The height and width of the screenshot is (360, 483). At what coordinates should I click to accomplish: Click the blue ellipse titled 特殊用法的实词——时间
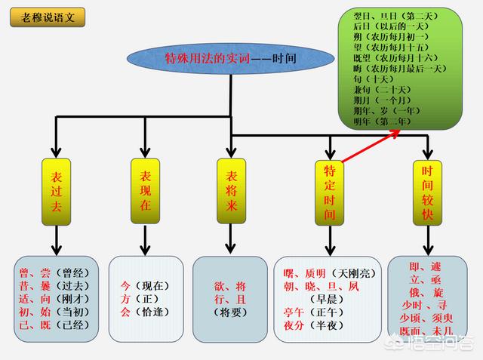coord(229,59)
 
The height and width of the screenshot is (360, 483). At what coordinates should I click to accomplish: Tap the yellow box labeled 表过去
coord(56,192)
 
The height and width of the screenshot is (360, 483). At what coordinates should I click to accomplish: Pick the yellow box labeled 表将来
coord(232,192)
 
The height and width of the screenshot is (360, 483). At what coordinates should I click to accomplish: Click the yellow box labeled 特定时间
coord(329,192)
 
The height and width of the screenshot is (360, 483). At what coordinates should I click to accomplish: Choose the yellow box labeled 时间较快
coord(427,192)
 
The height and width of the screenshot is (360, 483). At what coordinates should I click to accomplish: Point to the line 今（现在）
coord(143,285)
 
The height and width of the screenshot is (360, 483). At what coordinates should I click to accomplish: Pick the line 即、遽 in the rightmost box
coord(424,266)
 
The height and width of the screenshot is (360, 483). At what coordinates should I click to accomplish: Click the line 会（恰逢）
coord(143,312)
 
